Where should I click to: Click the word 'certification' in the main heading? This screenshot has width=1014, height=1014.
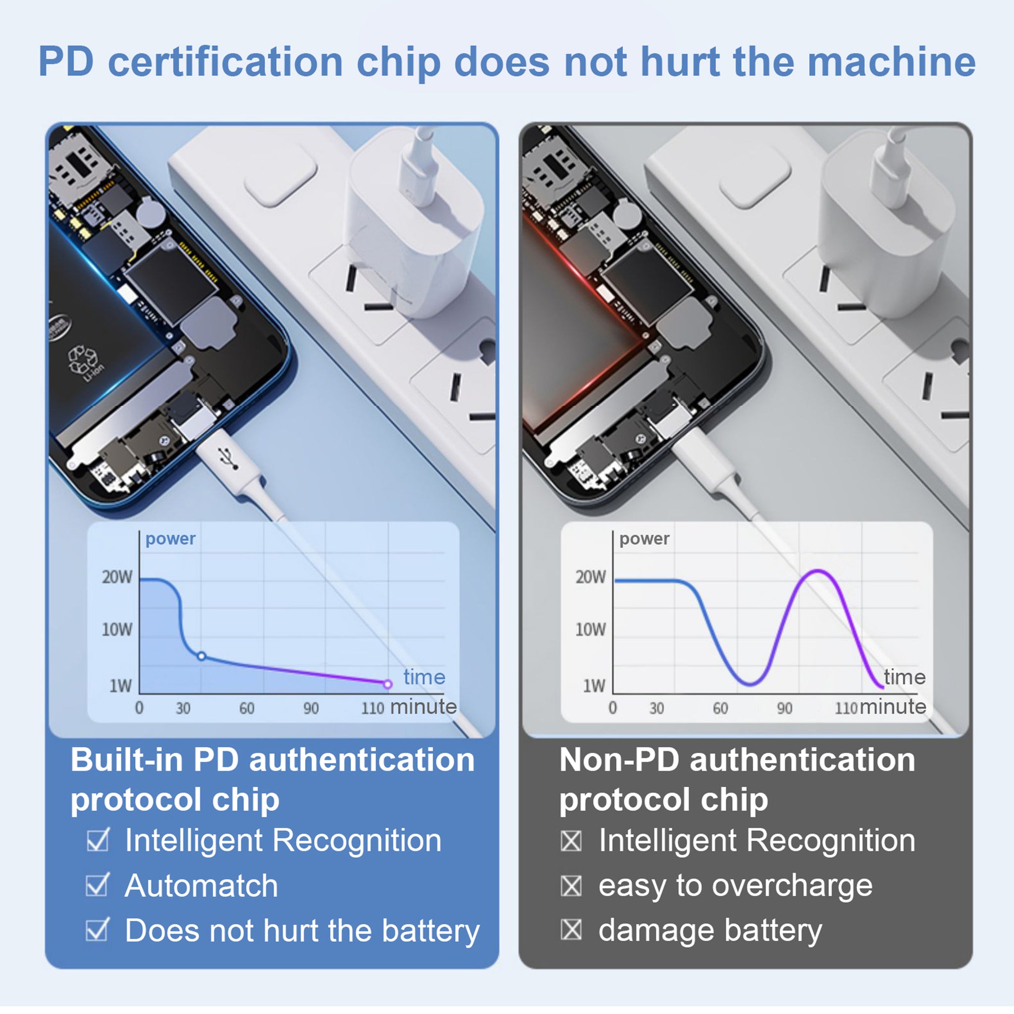coord(226,62)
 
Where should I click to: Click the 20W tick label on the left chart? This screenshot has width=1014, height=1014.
coord(117,577)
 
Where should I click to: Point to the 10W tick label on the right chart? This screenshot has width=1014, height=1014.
coord(591,629)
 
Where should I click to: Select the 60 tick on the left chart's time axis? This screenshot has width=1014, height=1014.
coord(247,709)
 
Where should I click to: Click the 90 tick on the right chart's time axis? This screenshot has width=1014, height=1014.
coord(785,709)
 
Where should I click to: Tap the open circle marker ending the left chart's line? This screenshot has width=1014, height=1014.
coord(388,684)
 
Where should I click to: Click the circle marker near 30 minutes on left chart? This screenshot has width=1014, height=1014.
coord(202,656)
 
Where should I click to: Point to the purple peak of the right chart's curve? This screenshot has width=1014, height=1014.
coord(818,570)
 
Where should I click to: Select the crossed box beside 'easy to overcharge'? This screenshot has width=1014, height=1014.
coord(571,886)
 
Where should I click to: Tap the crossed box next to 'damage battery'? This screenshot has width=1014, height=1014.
coord(571,930)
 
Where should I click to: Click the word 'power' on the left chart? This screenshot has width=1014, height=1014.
coord(171,539)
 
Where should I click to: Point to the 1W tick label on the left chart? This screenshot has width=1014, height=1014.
coord(121,685)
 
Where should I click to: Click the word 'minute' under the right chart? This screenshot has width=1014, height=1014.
coord(893,707)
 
